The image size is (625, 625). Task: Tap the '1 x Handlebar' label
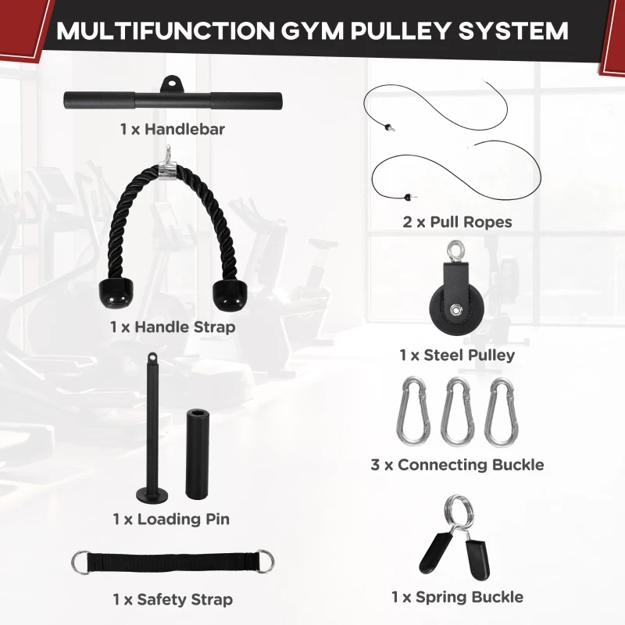pos(172,129)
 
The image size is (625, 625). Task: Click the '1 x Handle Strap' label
pos(172,327)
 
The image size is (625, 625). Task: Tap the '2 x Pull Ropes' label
pos(457,222)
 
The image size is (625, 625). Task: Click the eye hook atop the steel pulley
pos(455,252)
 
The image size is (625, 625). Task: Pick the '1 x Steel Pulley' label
pos(457,355)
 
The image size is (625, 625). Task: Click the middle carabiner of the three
pos(457,412)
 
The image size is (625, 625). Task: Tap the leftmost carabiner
pos(413,412)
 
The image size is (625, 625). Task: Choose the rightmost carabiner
pos(500,412)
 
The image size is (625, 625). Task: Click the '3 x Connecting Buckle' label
pos(457,465)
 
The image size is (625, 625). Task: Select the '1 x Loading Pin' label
pos(171,519)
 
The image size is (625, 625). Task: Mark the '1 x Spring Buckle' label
pos(457,598)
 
